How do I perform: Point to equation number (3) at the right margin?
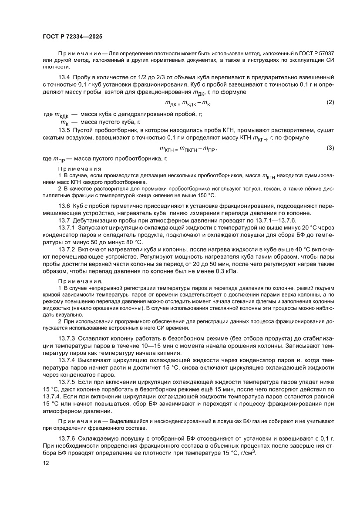(x=330, y=148)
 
